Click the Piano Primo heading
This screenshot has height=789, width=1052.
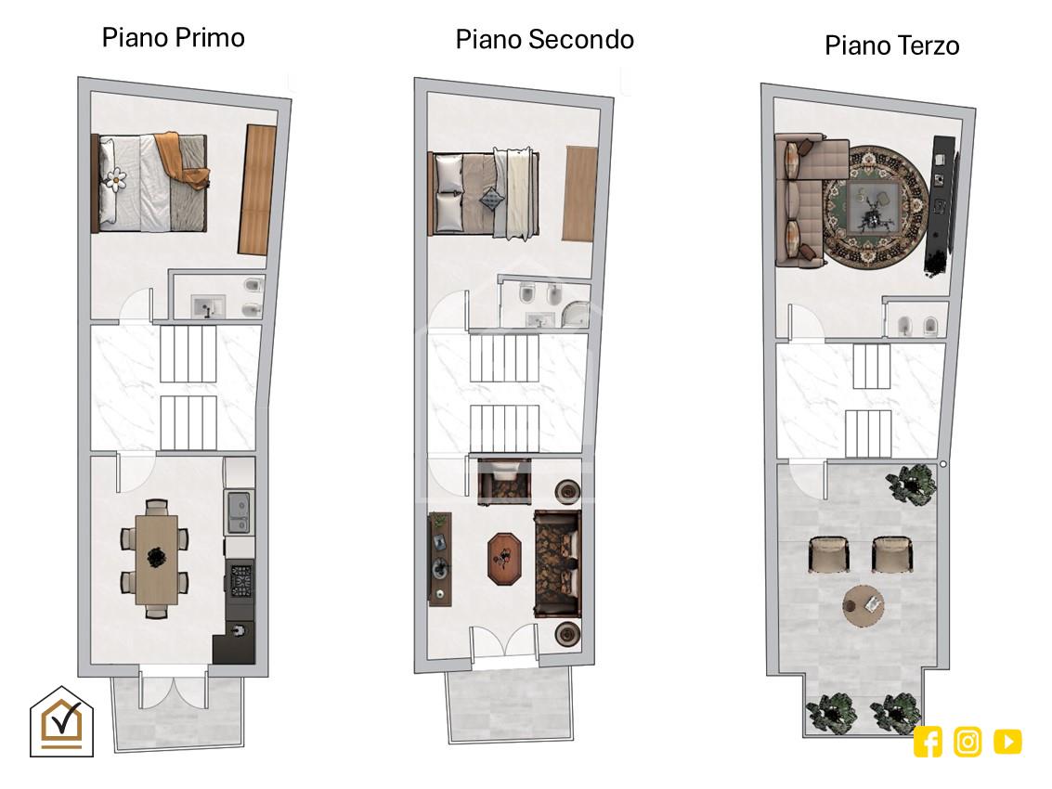tap(173, 38)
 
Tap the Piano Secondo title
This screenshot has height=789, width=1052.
tap(545, 40)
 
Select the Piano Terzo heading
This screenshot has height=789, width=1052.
tap(891, 45)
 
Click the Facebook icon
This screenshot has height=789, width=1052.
tap(928, 742)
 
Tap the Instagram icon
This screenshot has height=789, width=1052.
tap(968, 742)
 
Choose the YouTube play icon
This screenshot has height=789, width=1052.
tap(1007, 742)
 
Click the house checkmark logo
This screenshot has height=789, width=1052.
tap(61, 722)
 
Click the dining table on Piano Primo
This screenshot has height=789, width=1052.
tap(157, 559)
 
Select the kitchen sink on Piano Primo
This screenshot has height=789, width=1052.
tap(239, 512)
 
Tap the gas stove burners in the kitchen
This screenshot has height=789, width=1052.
tap(240, 581)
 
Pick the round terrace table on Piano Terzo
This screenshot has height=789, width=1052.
tap(864, 606)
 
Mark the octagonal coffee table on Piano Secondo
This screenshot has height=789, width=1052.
tap(505, 559)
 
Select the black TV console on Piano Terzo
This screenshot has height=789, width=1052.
tap(941, 204)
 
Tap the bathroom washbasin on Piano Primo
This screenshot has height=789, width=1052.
tap(207, 306)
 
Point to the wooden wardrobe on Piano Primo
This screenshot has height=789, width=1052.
tap(257, 189)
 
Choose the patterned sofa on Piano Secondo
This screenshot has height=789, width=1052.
tap(557, 563)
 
